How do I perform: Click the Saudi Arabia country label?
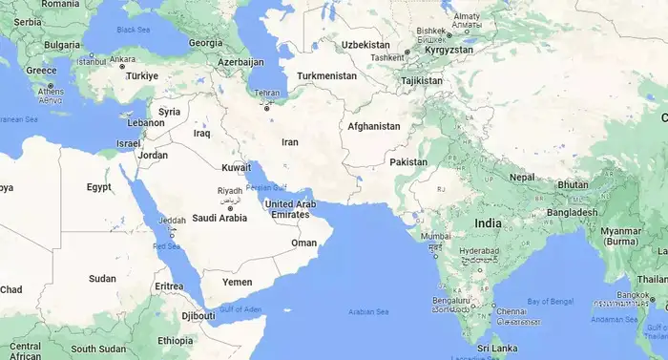coord(219,217)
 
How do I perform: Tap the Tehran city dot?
coord(267,107)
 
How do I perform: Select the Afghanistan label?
coord(374,126)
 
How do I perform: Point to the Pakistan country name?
coord(408,161)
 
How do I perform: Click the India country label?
coord(488,222)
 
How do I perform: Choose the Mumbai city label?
coord(435,236)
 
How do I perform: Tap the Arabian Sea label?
coord(368,311)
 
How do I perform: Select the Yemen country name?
coord(238,282)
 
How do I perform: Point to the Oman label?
coord(303,243)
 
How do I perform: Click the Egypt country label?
coord(99,187)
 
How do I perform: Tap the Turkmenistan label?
coord(326,75)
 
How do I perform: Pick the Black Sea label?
coord(133,30)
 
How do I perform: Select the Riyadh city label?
coord(230,191)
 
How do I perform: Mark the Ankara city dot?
coord(122,67)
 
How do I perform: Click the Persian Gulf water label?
coord(265,186)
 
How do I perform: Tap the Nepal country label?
coord(522,177)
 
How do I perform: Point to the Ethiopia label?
coord(176,340)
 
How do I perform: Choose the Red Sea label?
coord(166,246)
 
